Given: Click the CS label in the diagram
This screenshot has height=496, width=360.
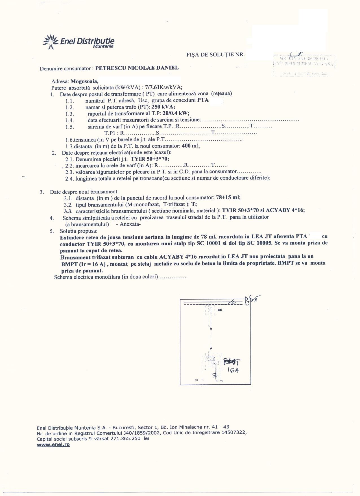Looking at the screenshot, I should [x=219, y=310].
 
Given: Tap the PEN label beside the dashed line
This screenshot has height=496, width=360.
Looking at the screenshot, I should [x=247, y=305].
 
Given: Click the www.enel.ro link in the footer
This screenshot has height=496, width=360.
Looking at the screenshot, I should [x=53, y=445].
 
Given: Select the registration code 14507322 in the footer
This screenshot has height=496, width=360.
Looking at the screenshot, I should [x=233, y=433].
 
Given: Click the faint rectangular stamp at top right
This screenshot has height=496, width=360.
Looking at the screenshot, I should [x=304, y=65].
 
